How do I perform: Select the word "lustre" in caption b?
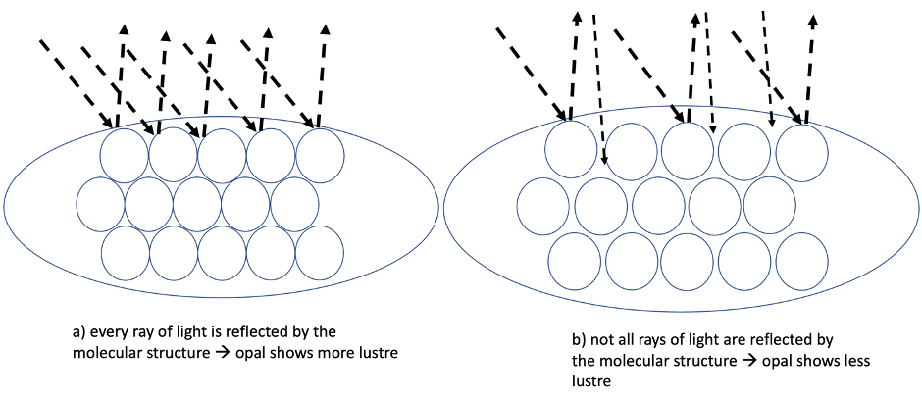(591, 381)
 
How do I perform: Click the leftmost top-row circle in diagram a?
(125, 155)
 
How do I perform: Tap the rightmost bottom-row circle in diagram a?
(319, 252)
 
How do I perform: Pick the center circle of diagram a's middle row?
(197, 203)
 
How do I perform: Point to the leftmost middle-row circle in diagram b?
(542, 209)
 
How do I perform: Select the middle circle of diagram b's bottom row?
(689, 262)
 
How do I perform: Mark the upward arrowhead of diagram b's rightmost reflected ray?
(813, 19)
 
